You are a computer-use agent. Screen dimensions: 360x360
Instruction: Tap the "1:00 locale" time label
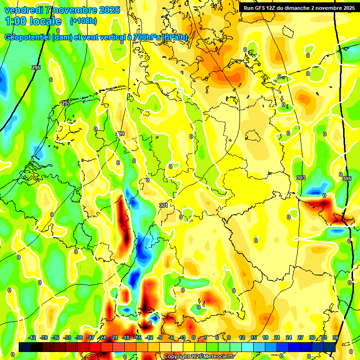click(33, 21)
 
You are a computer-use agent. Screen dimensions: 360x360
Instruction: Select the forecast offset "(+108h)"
click(83, 21)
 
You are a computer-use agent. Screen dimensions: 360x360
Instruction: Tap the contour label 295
click(36, 68)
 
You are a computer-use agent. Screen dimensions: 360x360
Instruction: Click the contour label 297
click(66, 103)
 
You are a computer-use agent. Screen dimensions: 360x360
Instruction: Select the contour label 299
click(120, 134)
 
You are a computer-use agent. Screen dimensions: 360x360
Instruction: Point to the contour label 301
click(163, 205)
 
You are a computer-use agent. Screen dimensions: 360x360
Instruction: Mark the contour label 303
click(301, 178)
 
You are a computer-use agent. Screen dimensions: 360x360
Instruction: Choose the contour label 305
click(346, 179)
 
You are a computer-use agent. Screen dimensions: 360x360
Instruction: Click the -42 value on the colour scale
click(32, 337)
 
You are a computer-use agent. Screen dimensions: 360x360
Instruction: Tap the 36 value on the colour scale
click(336, 337)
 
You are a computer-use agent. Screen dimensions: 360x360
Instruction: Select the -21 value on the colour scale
click(114, 337)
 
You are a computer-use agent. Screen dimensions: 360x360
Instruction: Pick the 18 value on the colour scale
click(265, 337)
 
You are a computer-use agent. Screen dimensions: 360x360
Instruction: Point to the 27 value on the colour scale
click(300, 337)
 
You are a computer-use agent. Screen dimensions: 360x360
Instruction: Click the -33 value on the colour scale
click(67, 337)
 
